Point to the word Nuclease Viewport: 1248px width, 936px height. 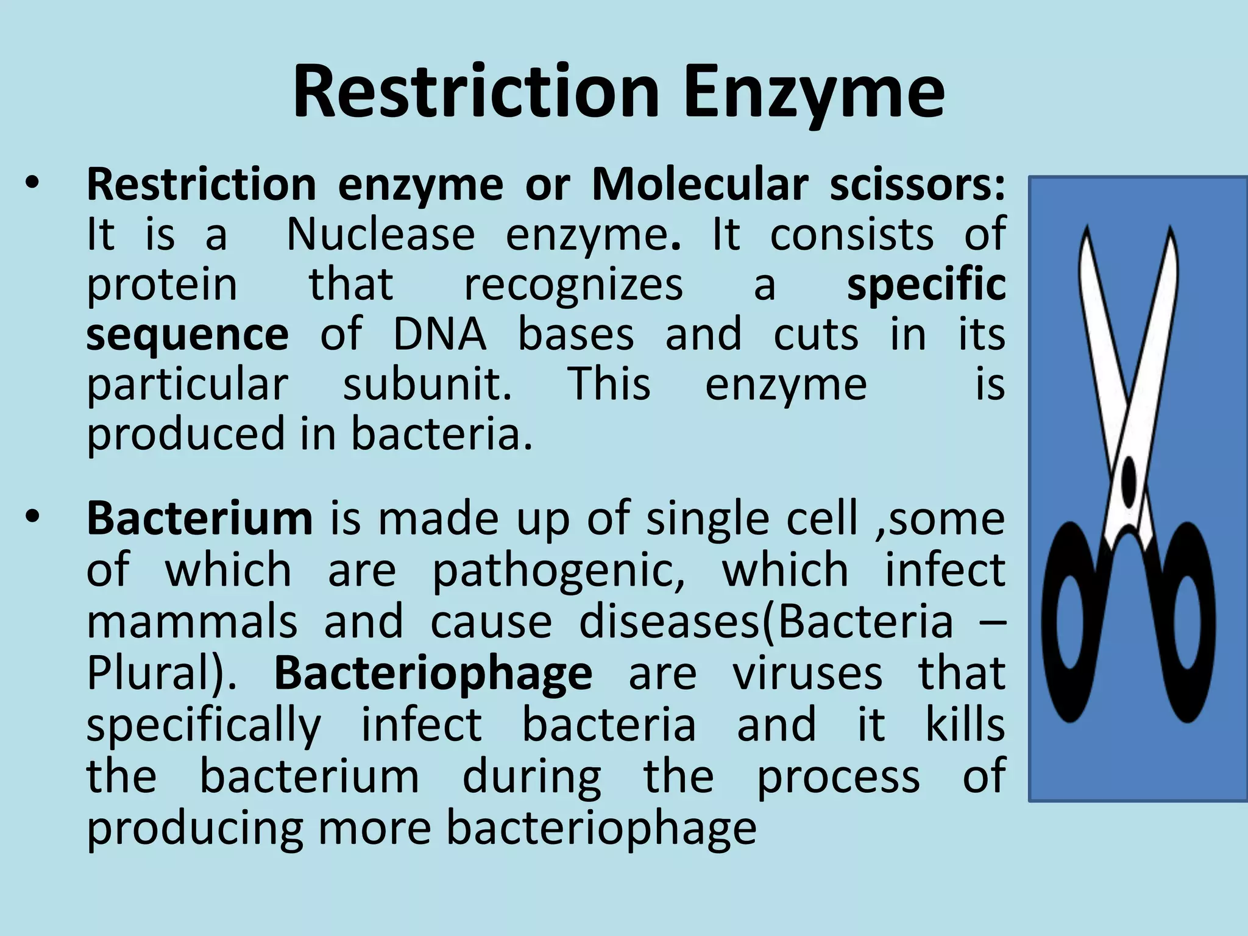[380, 235]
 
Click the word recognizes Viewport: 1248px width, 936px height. [573, 285]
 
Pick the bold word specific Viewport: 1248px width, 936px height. [926, 285]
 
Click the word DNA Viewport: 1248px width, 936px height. [439, 335]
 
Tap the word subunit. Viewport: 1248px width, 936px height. [427, 385]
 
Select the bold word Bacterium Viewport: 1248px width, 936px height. [199, 519]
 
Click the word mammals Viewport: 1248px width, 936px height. [192, 622]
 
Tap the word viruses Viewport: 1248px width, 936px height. [807, 673]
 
